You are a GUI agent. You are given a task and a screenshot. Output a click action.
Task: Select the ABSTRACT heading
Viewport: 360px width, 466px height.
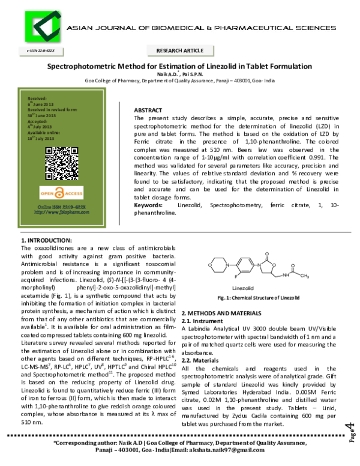(x=148, y=111)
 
